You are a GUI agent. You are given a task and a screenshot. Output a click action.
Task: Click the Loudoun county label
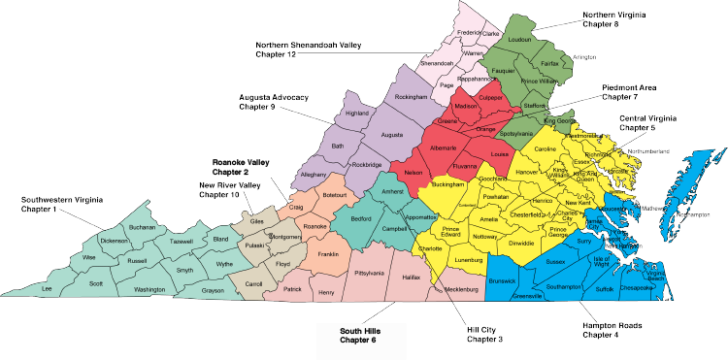coord(519,41)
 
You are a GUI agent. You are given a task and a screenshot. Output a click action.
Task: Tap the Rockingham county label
coord(413,98)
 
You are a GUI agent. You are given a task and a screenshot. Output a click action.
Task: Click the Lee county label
coord(46,288)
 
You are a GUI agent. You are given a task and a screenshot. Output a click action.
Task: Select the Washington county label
coord(149,289)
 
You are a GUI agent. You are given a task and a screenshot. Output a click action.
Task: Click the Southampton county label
coord(563,287)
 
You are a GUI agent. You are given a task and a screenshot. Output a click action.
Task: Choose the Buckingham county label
coord(442,182)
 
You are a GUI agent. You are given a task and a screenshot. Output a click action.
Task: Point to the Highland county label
coord(357,113)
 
